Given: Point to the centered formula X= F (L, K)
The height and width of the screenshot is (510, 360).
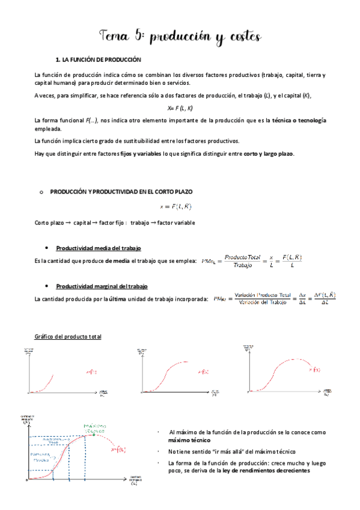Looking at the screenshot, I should [x=180, y=108].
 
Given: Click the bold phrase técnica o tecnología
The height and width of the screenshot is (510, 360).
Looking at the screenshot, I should [x=299, y=121].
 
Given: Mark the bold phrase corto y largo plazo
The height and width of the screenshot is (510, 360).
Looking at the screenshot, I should [x=269, y=154].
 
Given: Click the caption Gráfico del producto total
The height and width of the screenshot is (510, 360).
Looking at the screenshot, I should [x=67, y=336].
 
